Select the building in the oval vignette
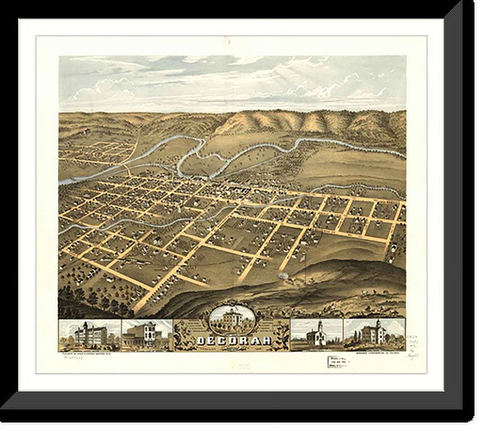click(232, 318)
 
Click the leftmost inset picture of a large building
click(90, 335)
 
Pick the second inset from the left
click(147, 335)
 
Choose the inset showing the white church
click(316, 334)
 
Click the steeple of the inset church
click(319, 325)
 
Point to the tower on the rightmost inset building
click(377, 324)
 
